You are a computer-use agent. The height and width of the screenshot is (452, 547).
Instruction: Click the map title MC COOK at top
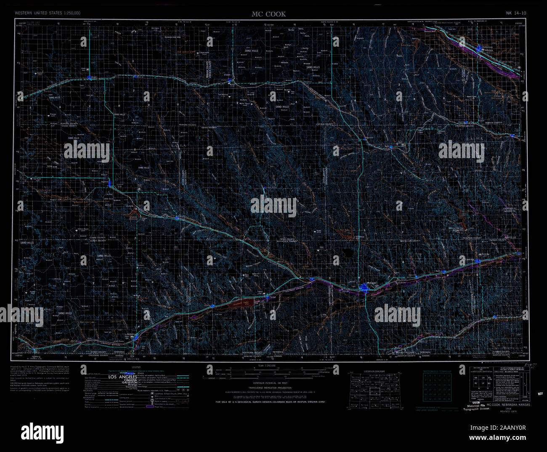268,14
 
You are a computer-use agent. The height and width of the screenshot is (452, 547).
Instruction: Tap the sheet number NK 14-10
516,13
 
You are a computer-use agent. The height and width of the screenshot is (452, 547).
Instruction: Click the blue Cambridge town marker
478,261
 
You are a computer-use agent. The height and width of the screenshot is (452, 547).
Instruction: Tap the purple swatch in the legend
150,406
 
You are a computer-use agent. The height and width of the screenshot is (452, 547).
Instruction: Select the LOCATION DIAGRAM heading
374,372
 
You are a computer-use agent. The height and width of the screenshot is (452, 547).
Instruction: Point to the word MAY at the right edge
541,394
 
